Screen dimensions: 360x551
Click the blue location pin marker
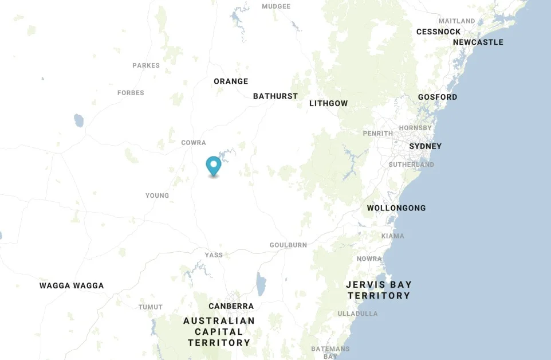pos(214,166)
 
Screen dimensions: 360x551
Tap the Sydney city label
pos(425,146)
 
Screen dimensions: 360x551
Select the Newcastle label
pos(478,42)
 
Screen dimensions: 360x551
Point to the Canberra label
pos(231,306)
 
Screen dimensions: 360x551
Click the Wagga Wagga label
pos(72,285)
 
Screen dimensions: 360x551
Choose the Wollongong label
pos(396,208)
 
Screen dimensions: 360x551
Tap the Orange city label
pos(231,81)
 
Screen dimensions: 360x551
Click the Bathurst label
pos(275,96)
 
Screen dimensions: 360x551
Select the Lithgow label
pos(328,103)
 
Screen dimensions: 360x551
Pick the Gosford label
pos(438,97)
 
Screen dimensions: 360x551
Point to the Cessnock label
pos(438,32)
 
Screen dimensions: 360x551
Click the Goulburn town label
pos(288,245)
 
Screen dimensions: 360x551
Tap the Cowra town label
pos(193,142)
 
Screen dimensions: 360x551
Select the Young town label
pos(157,195)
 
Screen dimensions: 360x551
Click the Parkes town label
pos(146,65)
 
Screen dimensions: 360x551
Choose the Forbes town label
pos(131,93)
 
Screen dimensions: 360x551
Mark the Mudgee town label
pos(276,6)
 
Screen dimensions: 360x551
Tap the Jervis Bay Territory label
pos(379,290)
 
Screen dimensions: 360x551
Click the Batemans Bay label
pos(330,352)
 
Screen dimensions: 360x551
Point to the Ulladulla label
pos(357,314)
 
